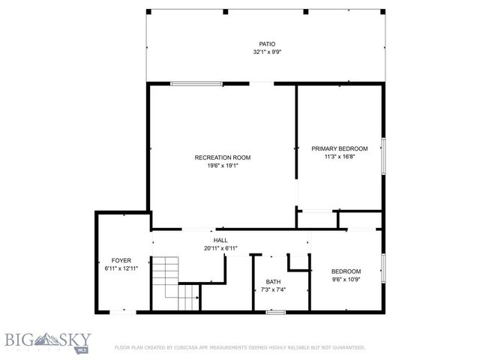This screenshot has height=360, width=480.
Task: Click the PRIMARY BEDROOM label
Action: (x=340, y=148)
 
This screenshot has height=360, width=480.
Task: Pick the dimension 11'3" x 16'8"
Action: (x=340, y=157)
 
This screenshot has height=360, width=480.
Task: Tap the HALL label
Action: (x=220, y=240)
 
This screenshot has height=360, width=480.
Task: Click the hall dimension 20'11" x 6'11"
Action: (x=220, y=248)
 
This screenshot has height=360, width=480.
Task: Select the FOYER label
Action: (x=121, y=260)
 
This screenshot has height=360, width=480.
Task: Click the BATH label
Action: (x=273, y=282)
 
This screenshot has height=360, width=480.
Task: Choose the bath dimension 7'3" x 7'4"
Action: (x=273, y=290)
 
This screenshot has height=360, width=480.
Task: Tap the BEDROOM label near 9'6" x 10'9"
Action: (x=346, y=271)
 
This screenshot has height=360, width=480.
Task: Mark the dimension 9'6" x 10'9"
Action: (x=346, y=279)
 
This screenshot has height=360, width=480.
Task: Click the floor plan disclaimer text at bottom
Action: (x=239, y=348)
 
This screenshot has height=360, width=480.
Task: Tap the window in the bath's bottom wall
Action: (x=275, y=311)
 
